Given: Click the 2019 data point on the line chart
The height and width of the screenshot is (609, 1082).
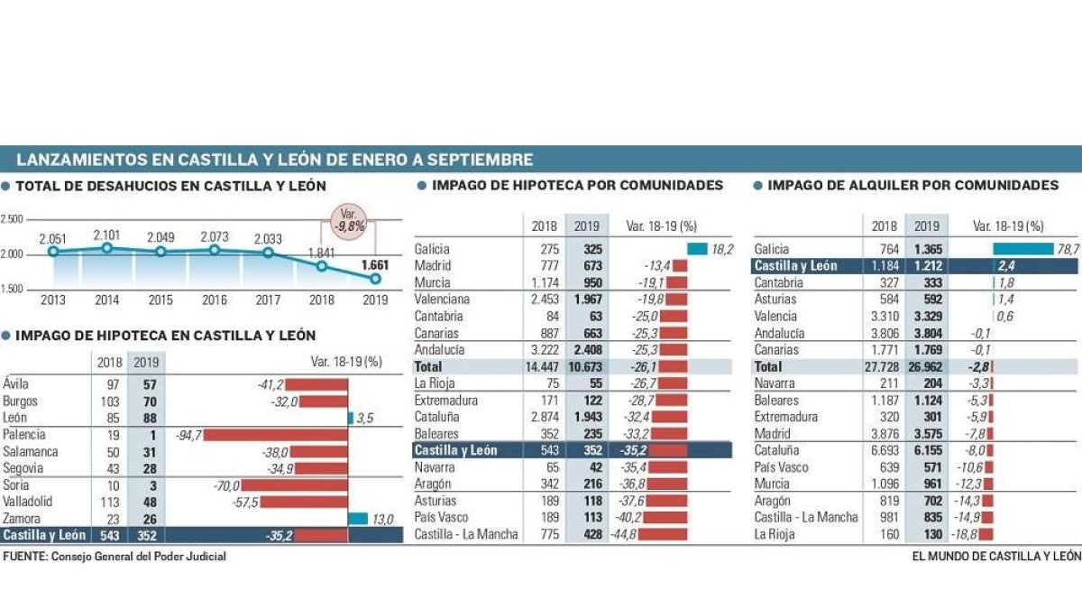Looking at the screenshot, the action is [375, 279].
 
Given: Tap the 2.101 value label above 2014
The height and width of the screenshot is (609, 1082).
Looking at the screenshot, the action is [106, 235].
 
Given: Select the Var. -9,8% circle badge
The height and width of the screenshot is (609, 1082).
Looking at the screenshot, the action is [348, 221].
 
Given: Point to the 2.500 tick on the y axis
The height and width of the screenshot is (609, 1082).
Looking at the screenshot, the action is [12, 219].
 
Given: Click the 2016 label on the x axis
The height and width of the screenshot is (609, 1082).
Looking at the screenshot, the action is [215, 300].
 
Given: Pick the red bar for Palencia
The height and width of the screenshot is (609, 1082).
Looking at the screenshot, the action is [275, 435].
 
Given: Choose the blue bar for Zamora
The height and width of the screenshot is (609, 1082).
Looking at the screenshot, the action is [358, 519].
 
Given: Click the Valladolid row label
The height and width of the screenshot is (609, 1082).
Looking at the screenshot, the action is [28, 502].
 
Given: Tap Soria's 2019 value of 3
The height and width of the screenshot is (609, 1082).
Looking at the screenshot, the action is [152, 485].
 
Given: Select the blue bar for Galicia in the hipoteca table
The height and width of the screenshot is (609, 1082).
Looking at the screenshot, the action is [697, 249].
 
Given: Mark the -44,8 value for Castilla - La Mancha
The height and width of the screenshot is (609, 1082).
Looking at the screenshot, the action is [624, 534].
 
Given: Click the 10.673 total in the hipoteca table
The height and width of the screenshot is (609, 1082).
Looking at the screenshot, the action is [585, 367].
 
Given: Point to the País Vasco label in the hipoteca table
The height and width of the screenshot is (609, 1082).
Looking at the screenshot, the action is [441, 517].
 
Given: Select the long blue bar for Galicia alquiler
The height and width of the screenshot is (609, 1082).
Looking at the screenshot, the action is [1023, 249].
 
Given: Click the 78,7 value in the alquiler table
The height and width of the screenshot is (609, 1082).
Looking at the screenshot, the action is [1068, 249].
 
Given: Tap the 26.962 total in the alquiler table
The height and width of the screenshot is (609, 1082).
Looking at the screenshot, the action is [925, 367].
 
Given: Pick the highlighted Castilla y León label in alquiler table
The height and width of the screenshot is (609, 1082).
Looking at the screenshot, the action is [795, 266].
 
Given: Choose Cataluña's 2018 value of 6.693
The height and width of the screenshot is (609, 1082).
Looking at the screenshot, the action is [885, 450].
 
